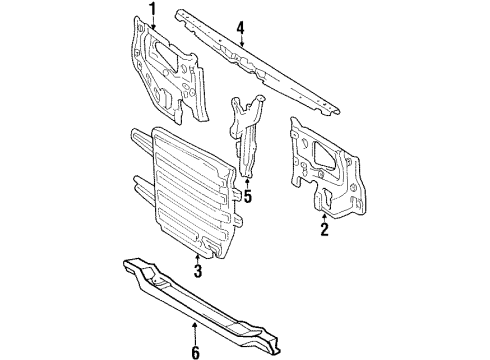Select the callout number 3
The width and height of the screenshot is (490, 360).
pyautogui.click(x=198, y=269)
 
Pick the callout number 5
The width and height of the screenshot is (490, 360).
pyautogui.click(x=247, y=197)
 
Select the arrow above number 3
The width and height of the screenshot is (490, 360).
pyautogui.click(x=198, y=256)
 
